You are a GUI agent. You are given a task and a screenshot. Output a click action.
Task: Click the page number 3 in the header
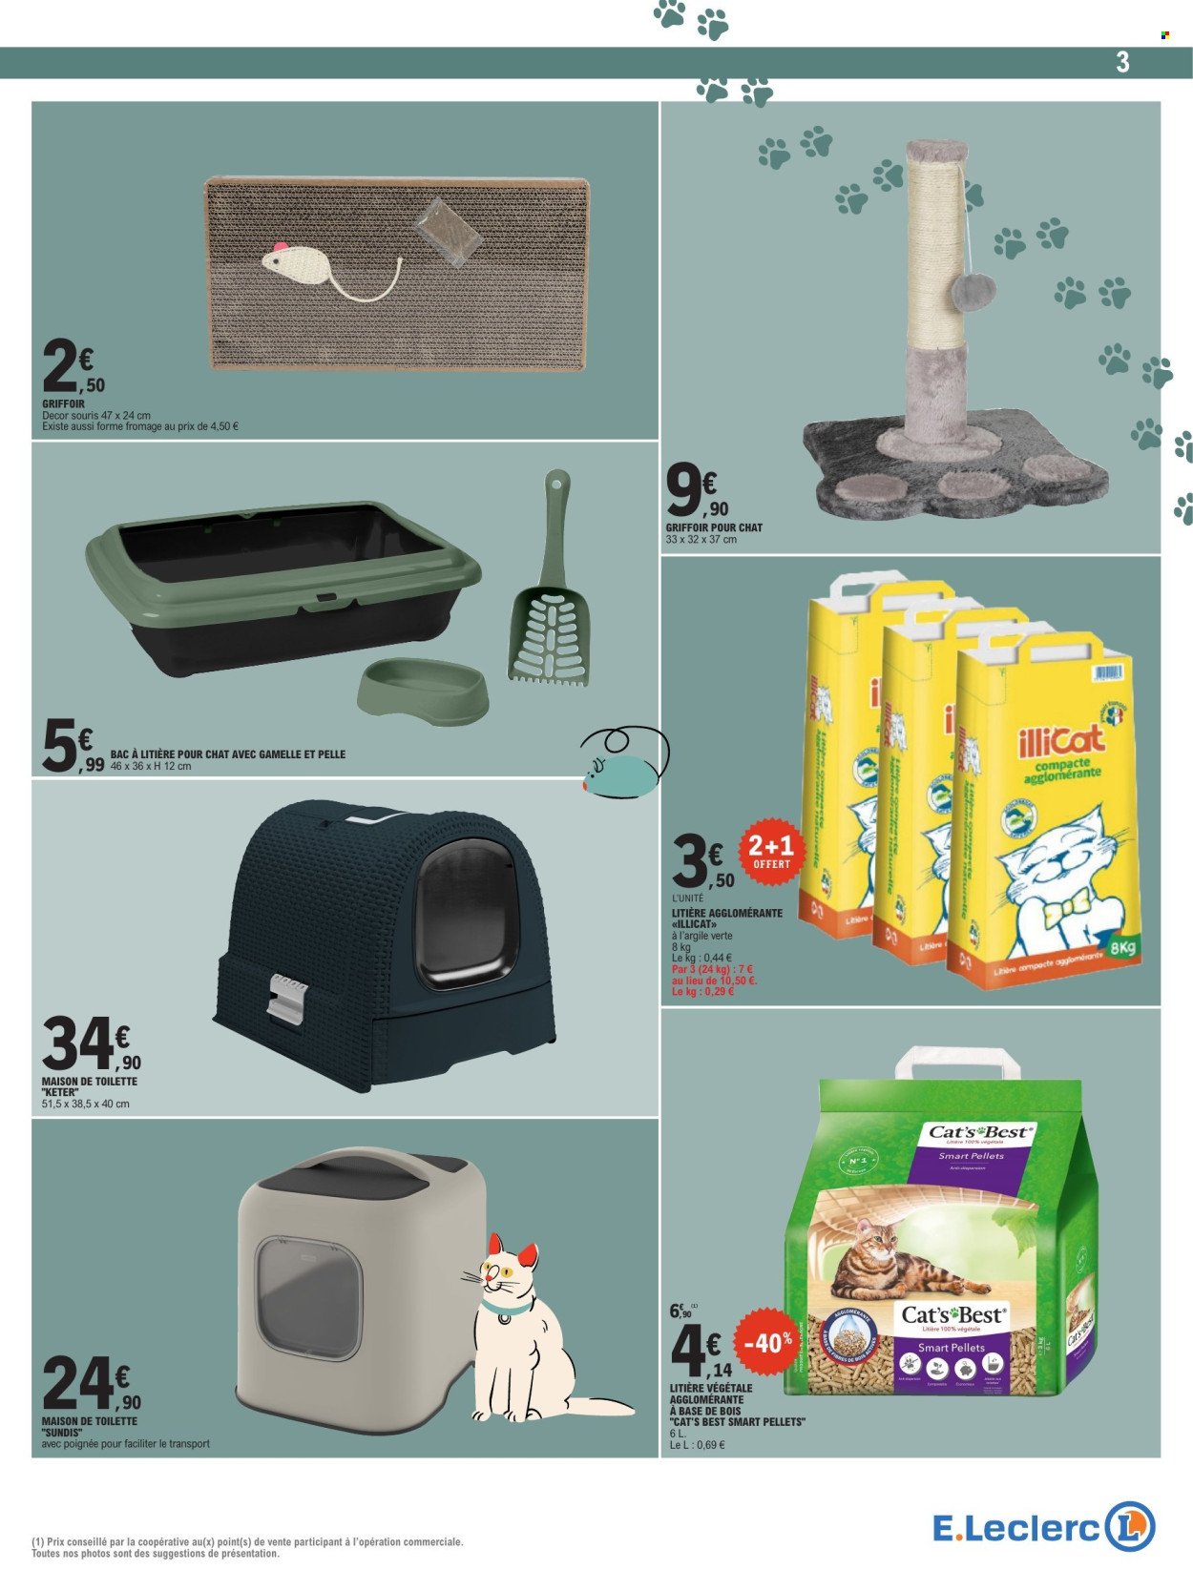click(x=1121, y=62)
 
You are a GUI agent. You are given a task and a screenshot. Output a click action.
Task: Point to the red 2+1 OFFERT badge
click(x=771, y=852)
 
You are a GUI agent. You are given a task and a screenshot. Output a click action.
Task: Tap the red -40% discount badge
click(x=766, y=1342)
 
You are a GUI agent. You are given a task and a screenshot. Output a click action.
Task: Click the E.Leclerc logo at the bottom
click(x=1043, y=1527)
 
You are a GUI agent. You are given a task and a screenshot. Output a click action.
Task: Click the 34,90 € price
click(x=92, y=1045)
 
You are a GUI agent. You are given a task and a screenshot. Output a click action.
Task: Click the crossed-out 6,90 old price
click(x=681, y=1312)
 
